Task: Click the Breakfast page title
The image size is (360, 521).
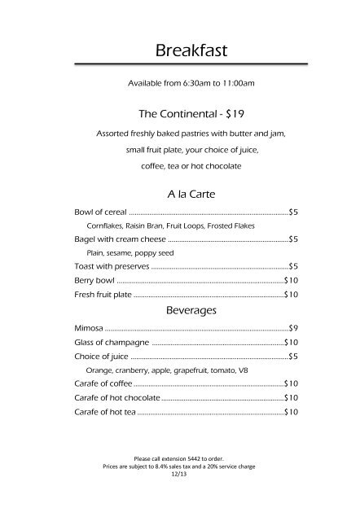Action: coord(180,51)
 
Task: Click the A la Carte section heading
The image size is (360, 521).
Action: coord(180,195)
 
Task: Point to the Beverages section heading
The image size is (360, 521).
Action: coord(180,310)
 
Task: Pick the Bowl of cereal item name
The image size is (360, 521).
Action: coord(95,212)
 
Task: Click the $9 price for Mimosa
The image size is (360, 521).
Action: coord(294,328)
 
